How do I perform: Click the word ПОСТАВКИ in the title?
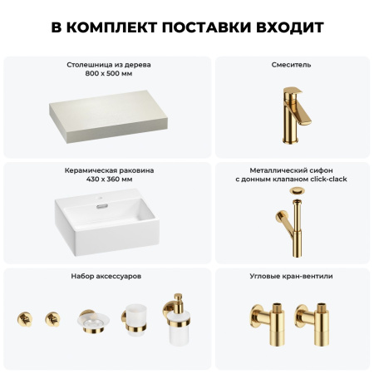[x=208, y=27]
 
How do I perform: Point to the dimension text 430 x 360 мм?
[x=108, y=179]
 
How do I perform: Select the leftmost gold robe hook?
[x=23, y=319]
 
